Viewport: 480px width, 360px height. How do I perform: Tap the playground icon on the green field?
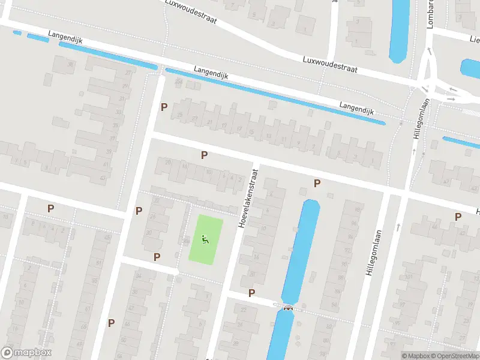point(206,240)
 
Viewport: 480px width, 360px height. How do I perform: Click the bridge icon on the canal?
point(289,308)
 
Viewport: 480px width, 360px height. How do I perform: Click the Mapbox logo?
point(27,353)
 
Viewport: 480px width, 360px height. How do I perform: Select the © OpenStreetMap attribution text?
point(454,356)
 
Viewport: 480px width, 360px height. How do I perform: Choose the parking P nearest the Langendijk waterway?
point(164,107)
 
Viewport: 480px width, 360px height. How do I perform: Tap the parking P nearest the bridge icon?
point(251,293)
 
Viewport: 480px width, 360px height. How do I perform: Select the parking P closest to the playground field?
point(157,257)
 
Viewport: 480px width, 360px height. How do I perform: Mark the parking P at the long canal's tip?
point(317,183)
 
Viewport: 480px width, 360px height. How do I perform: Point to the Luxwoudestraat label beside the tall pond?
point(330,65)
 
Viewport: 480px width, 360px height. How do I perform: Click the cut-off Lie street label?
point(474,40)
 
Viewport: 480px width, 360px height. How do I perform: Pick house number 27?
point(128,74)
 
